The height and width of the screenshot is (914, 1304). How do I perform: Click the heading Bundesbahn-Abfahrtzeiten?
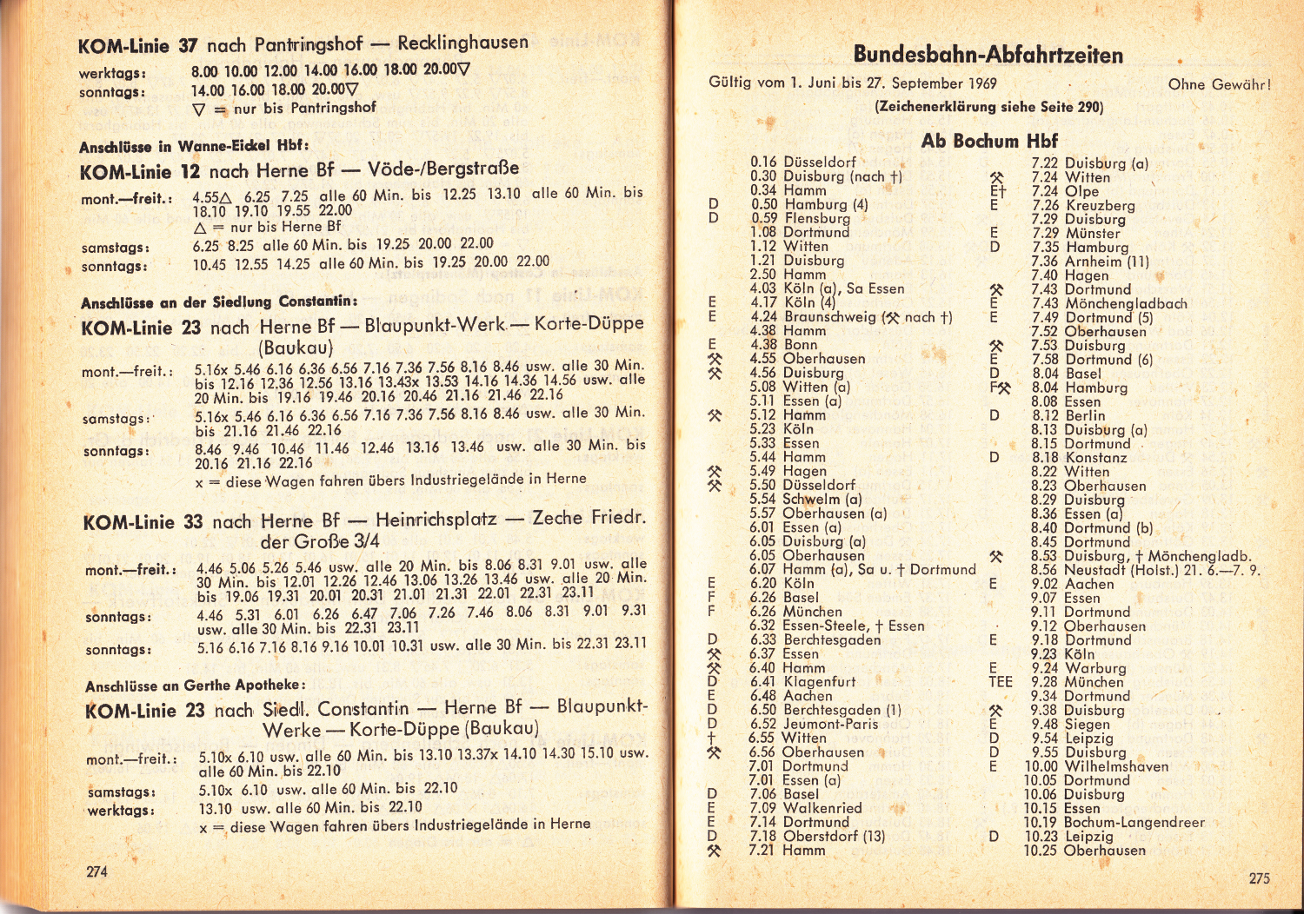[x=988, y=56]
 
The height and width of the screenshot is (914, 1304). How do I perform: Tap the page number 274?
[x=96, y=871]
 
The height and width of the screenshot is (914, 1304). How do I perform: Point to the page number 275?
[x=1259, y=878]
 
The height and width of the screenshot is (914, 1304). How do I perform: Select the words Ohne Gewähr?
[x=1219, y=84]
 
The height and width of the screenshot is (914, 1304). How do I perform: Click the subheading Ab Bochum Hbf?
[x=989, y=141]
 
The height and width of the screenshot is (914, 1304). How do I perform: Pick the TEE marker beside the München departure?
[x=1000, y=682]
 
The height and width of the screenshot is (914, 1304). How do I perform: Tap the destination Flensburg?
[x=817, y=218]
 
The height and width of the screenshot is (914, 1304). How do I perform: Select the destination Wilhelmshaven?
[x=1116, y=766]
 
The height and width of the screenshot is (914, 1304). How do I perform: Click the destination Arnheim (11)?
[x=1107, y=261]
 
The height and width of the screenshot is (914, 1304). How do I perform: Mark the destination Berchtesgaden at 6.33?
[x=832, y=639]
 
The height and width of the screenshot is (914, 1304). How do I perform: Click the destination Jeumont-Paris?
[x=830, y=724]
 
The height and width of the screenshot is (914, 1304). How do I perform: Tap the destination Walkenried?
[x=822, y=808]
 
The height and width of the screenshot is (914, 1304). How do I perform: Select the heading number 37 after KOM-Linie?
[x=188, y=45]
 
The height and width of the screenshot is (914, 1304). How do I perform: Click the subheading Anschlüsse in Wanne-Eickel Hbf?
[x=194, y=146]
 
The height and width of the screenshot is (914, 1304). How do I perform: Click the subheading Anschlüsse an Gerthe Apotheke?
[x=195, y=685]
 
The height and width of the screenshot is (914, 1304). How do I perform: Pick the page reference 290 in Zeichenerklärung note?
[x=1089, y=107]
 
